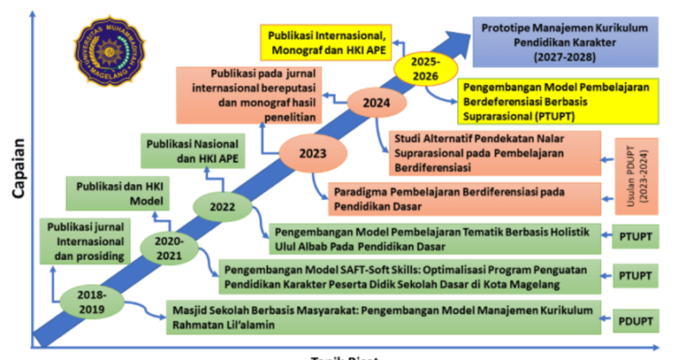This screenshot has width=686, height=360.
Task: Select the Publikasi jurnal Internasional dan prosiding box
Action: tap(87, 242)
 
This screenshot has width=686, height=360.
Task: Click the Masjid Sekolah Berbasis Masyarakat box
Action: tap(384, 316)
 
